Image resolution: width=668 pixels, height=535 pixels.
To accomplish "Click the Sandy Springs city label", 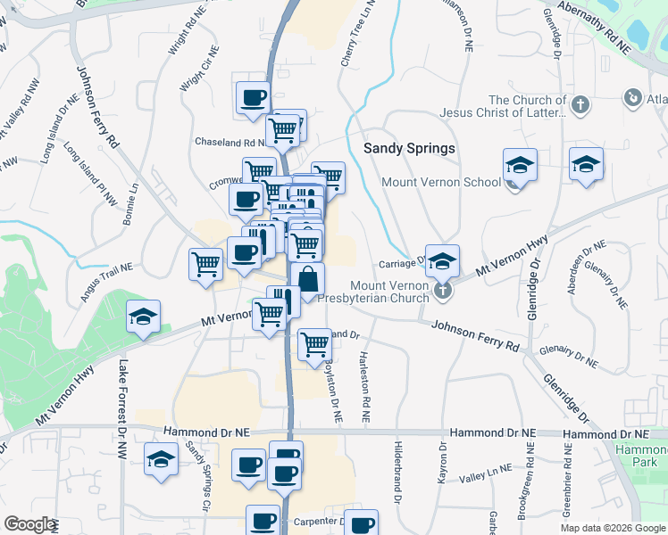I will [x=410, y=148].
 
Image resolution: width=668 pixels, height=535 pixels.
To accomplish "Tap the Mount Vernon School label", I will [x=441, y=183].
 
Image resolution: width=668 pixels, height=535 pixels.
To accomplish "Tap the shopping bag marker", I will [x=307, y=279].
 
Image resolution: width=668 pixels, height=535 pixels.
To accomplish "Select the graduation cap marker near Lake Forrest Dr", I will [x=143, y=318].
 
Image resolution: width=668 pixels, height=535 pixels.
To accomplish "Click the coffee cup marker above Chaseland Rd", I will [x=253, y=96].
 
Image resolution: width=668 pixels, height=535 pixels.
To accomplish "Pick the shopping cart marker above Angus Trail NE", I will [x=206, y=264].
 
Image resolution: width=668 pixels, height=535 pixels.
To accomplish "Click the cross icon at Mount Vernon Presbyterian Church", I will [x=441, y=292].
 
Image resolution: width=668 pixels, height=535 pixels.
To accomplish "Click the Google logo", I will [x=29, y=524].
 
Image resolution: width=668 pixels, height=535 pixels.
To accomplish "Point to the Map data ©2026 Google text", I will [x=613, y=528].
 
